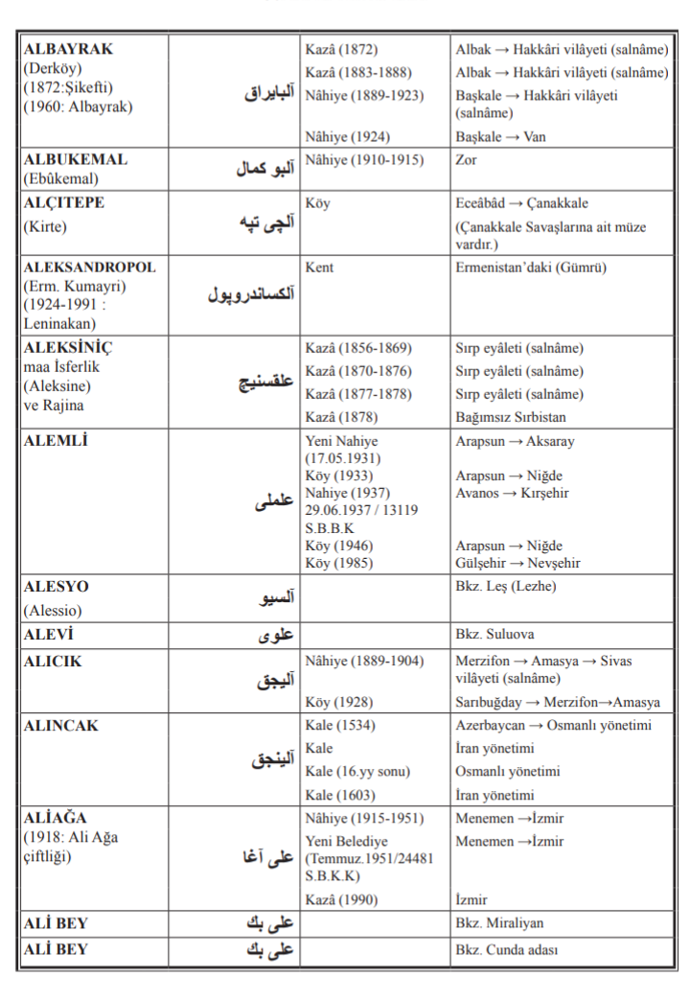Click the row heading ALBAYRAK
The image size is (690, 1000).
pyautogui.click(x=68, y=48)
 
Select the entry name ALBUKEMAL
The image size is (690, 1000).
pyautogui.click(x=75, y=159)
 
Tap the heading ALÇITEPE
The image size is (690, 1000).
pyautogui.click(x=64, y=203)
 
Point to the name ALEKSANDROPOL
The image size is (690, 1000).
pyautogui.click(x=89, y=267)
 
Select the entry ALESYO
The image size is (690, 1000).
pyautogui.click(x=56, y=586)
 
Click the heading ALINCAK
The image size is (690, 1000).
pyautogui.click(x=60, y=726)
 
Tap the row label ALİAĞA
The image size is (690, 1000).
pyautogui.click(x=56, y=818)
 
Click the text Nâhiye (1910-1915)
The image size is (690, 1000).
pyautogui.click(x=363, y=160)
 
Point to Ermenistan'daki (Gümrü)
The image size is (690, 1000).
pyautogui.click(x=531, y=268)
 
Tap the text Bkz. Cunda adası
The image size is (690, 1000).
pyautogui.click(x=508, y=950)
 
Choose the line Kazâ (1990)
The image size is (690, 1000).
pyautogui.click(x=341, y=900)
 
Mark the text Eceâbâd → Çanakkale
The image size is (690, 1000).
pyautogui.click(x=521, y=203)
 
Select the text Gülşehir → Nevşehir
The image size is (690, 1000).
pyautogui.click(x=517, y=563)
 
